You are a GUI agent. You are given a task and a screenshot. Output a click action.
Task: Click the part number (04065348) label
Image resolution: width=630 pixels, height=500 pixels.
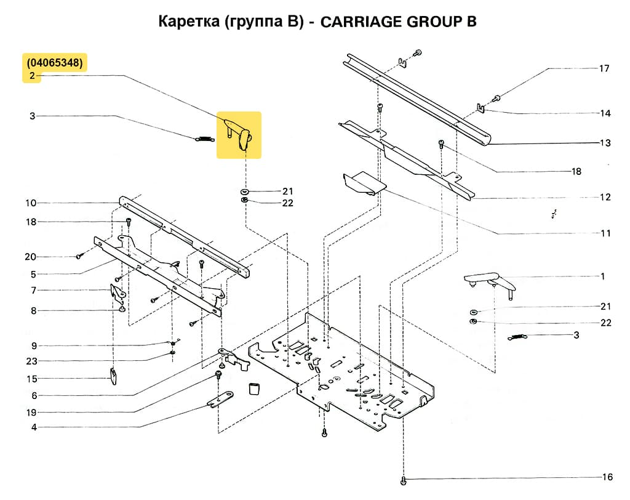click(55, 63)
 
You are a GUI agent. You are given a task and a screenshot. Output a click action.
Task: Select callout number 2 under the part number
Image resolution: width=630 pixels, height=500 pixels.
click(32, 76)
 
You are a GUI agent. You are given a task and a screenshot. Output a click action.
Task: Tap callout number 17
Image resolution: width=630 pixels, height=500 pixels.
click(604, 68)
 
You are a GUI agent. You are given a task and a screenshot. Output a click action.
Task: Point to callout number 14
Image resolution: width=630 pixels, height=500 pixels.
click(605, 113)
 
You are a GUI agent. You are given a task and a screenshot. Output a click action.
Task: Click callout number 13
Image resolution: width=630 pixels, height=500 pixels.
click(605, 143)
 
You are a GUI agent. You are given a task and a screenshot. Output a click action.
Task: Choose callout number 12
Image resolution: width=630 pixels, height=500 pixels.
click(605, 197)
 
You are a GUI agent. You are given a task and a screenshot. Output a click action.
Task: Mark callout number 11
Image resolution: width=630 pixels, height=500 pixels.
click(605, 233)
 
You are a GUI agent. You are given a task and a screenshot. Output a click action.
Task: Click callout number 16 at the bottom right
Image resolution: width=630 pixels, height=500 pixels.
click(607, 477)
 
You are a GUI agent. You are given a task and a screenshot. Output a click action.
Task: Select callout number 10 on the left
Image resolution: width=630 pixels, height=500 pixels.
click(31, 203)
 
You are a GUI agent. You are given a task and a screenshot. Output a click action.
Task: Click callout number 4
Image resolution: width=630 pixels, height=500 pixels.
click(33, 427)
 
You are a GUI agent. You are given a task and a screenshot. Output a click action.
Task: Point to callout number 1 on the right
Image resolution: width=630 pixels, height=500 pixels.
click(602, 276)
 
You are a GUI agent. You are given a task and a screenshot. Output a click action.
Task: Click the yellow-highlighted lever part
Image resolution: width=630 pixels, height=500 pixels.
click(239, 134)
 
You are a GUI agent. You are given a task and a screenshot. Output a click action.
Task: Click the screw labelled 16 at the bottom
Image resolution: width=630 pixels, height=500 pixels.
click(403, 480)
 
